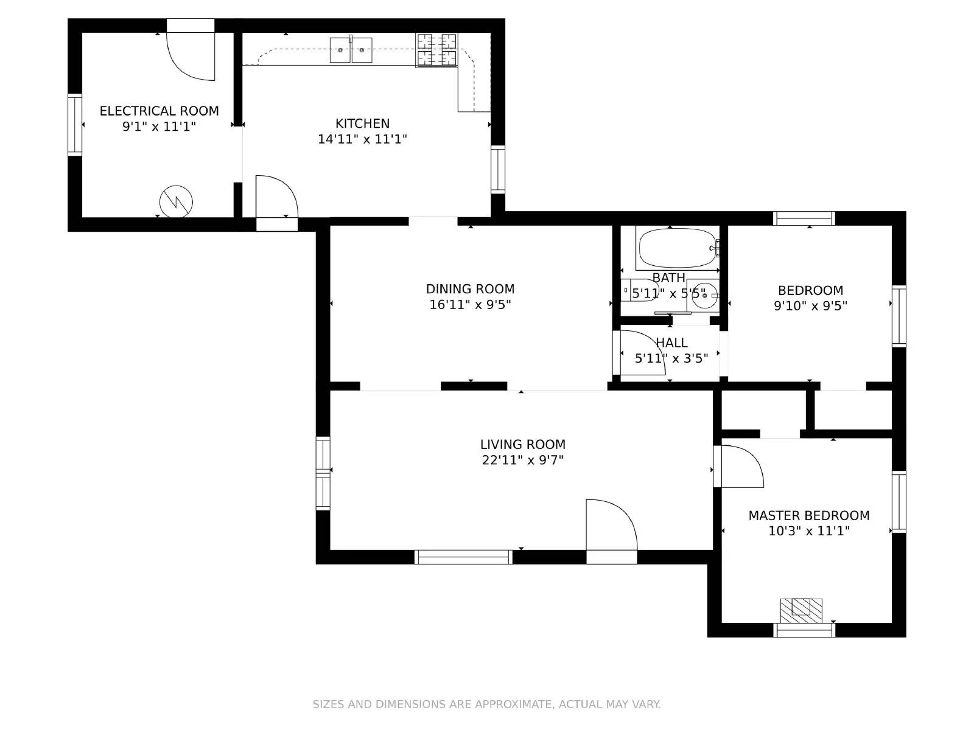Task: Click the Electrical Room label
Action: pos(159,111)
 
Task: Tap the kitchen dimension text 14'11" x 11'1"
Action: pos(362,139)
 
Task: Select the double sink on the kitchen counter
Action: pos(351,50)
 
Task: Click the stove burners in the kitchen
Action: pos(436,50)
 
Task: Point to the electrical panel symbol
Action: pos(176,201)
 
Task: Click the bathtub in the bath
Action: pos(676,248)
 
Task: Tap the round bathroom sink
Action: pos(703,296)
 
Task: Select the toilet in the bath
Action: pos(633,291)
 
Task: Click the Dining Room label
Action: pos(470,289)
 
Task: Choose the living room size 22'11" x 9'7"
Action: pos(522,461)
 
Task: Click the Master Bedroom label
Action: pos(808,516)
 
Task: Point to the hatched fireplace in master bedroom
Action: pos(801,610)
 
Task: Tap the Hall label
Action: pos(672,343)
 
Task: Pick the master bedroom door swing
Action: pos(738,467)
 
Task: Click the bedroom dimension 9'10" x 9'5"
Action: pos(810,306)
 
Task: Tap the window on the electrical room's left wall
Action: pos(74,125)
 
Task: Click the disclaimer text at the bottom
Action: pos(486,704)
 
